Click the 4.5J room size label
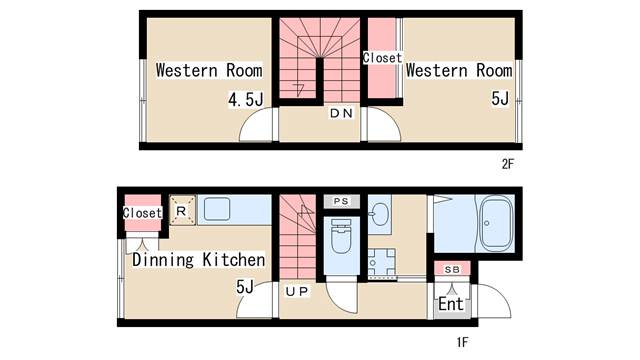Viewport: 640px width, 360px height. pos(246,99)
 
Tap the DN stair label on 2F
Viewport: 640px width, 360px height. pos(341,113)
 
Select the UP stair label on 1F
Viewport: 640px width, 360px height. pos(297,291)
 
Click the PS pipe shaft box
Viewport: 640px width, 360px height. pos(341,201)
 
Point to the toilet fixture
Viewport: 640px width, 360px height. pos(341,236)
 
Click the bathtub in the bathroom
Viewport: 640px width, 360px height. pos(496,223)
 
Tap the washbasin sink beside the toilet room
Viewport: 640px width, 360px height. pos(380,214)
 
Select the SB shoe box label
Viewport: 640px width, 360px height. pos(452,269)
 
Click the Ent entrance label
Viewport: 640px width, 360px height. pos(451,304)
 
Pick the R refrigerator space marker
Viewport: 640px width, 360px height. pos(181,211)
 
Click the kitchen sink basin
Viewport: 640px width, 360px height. pos(217,209)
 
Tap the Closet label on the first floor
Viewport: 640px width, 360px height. pos(142,213)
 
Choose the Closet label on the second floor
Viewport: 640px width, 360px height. pos(382,58)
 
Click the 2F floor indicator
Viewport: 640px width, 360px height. pos(508,164)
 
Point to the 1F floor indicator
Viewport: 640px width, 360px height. pos(462,342)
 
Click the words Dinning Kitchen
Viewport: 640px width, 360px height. pos(199,260)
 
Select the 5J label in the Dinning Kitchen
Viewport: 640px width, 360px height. pos(245,287)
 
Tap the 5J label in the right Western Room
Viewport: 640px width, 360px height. pos(500,98)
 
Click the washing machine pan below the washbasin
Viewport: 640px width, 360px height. pos(382,263)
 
